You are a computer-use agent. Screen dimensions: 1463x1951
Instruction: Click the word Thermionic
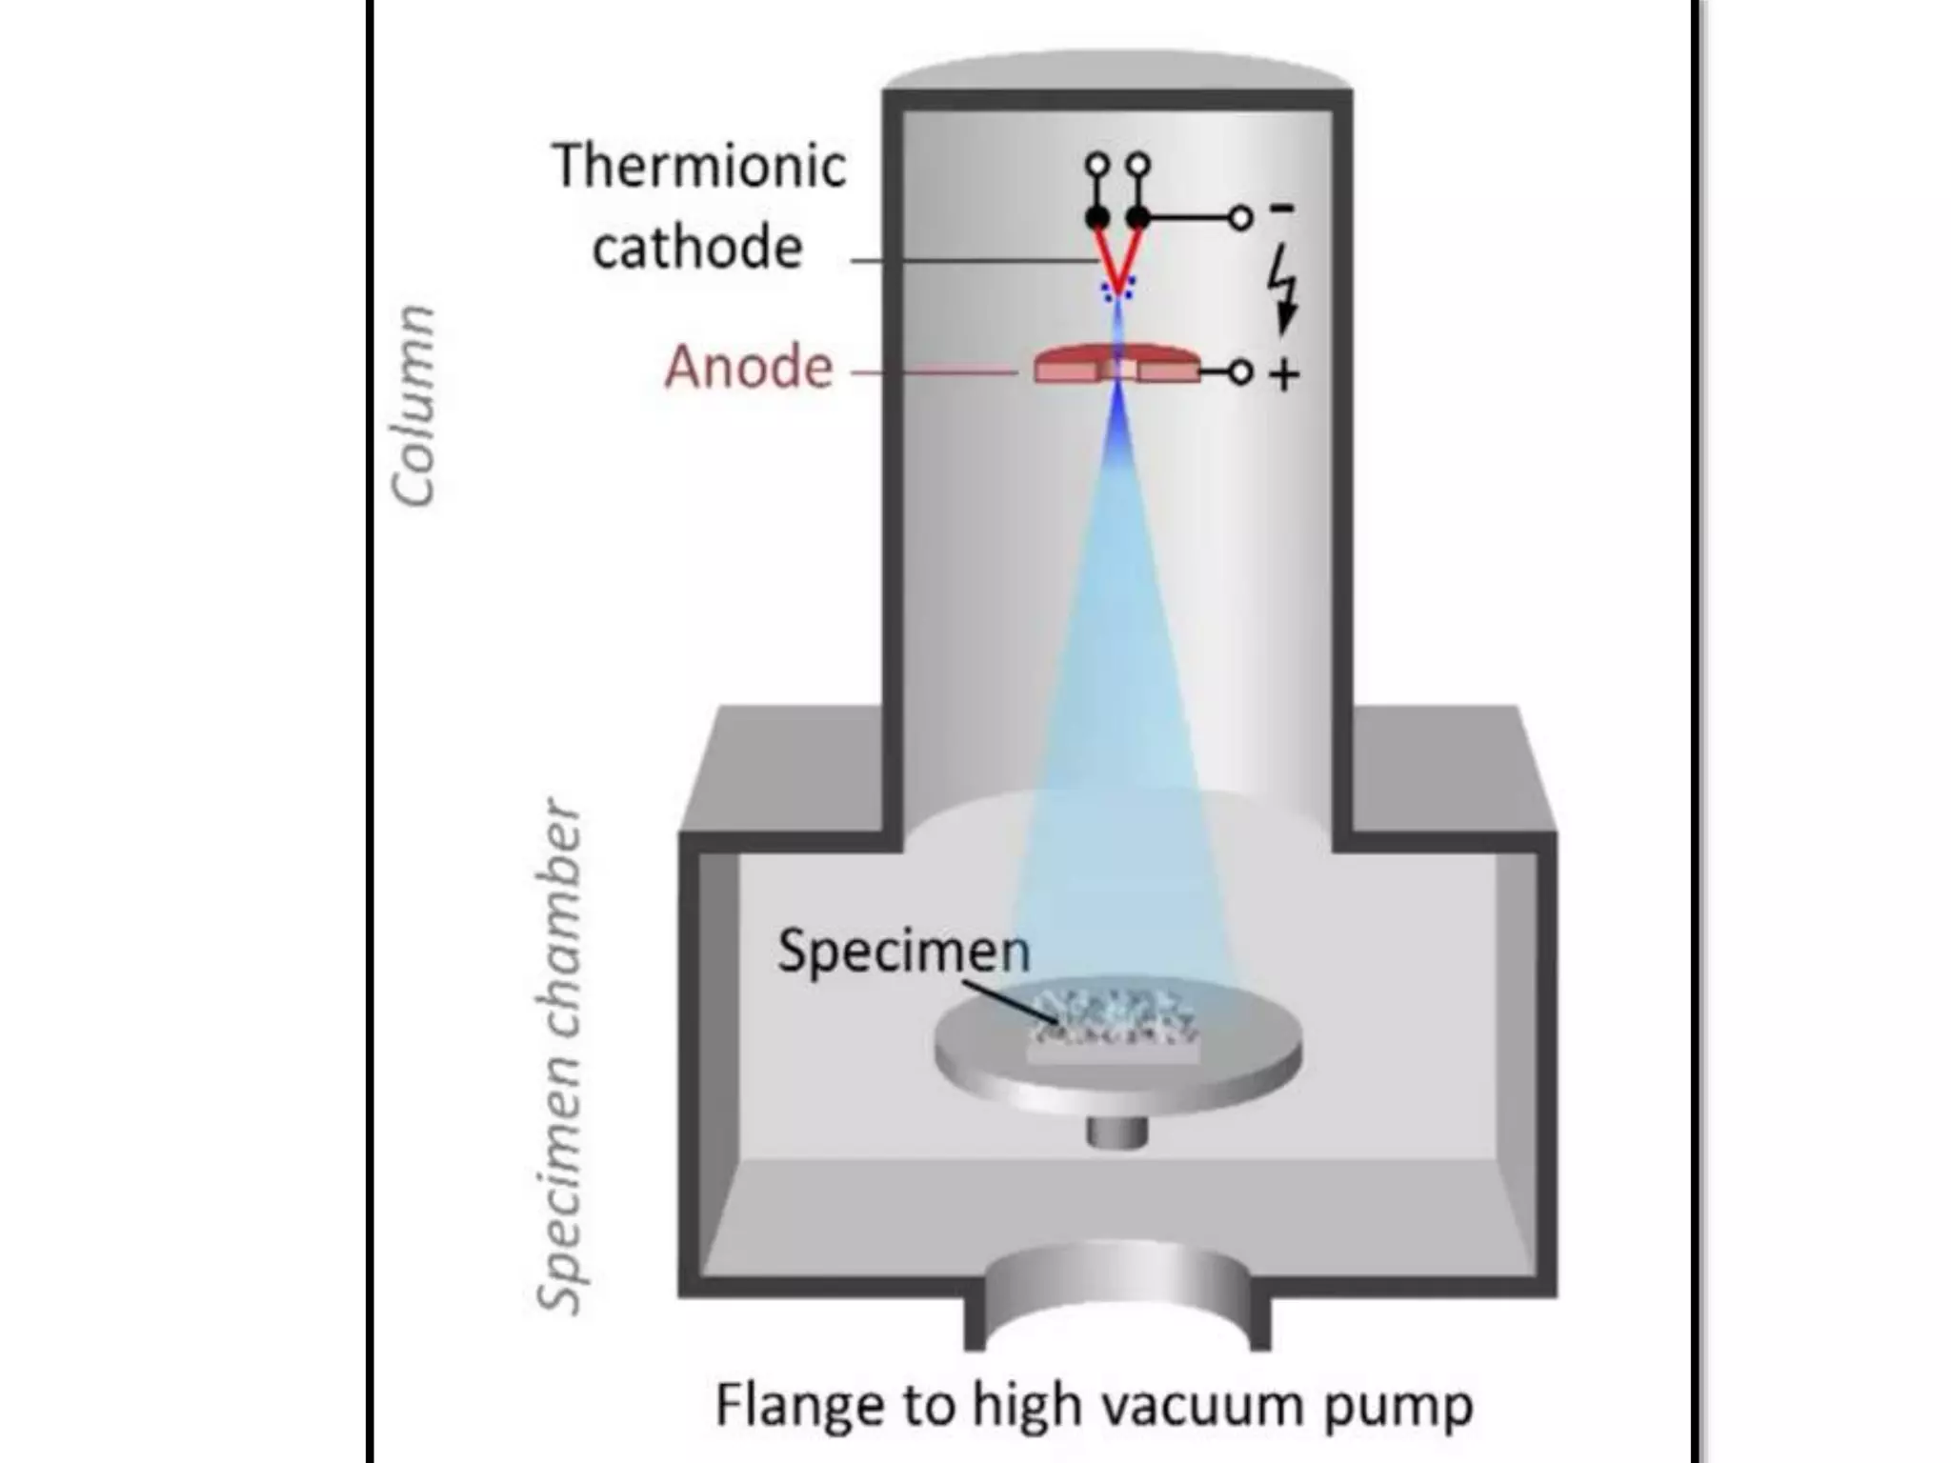click(698, 166)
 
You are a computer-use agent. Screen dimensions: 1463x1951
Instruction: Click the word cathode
click(697, 248)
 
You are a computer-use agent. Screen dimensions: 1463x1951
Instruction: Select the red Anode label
click(749, 368)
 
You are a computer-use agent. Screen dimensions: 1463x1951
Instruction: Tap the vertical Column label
click(414, 406)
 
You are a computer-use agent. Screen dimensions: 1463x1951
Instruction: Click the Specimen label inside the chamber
click(903, 951)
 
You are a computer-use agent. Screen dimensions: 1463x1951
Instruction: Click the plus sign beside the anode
click(1283, 374)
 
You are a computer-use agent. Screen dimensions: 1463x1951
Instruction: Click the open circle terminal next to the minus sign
click(1239, 219)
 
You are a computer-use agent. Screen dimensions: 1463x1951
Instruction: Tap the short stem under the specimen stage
click(1117, 1132)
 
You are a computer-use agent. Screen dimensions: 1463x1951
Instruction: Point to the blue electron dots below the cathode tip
click(1117, 290)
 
